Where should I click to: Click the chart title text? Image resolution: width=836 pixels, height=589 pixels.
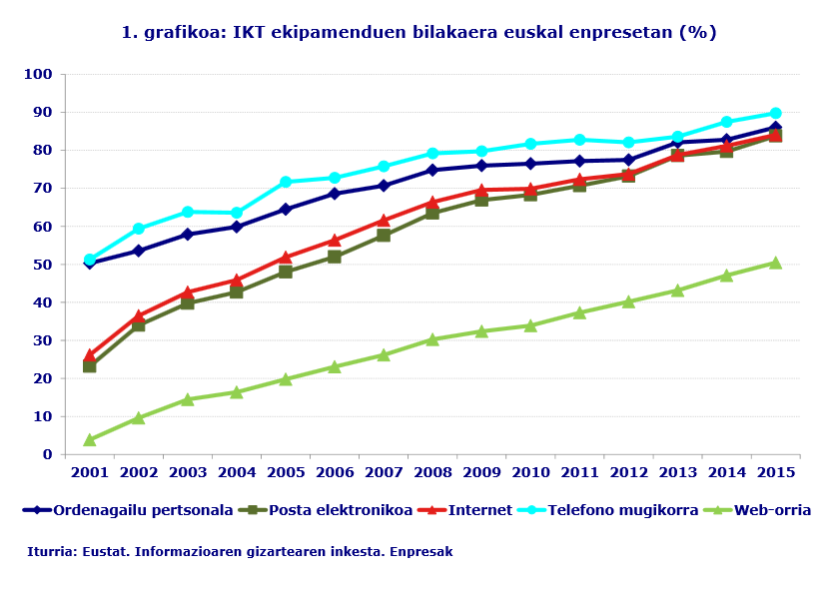click(418, 32)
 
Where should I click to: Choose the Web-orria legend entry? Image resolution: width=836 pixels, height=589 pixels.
click(771, 510)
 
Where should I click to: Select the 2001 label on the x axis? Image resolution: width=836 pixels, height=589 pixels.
click(89, 472)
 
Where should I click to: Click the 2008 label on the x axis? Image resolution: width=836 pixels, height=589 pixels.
click(432, 472)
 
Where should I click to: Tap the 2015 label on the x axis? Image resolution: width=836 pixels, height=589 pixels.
click(776, 472)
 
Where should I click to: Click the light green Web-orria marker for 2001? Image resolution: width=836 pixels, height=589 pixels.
click(90, 439)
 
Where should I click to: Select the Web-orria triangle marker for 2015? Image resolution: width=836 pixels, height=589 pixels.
click(776, 263)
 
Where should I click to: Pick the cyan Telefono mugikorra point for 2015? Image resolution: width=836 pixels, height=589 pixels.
click(776, 114)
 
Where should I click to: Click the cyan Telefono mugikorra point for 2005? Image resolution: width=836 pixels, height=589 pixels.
click(286, 182)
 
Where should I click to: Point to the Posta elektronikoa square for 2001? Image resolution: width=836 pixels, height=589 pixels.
click(90, 366)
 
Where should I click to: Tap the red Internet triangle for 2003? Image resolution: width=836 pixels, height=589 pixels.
click(188, 293)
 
